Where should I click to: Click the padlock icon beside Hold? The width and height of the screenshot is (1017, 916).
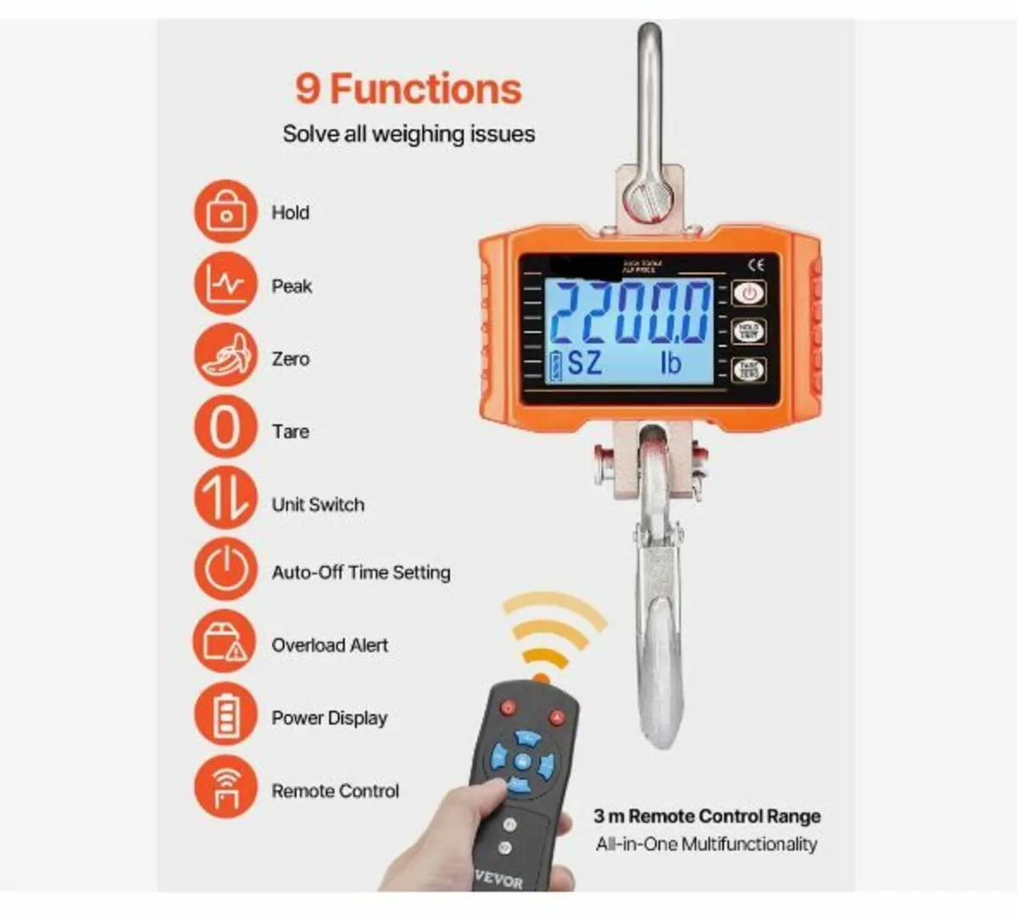coord(225,211)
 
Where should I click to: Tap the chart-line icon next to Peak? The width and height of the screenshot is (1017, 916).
coord(225,285)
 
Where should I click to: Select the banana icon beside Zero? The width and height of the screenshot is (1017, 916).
coord(225,357)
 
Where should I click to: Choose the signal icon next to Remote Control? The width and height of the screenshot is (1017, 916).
coord(225,787)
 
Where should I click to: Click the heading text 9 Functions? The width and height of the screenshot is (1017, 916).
coord(408,89)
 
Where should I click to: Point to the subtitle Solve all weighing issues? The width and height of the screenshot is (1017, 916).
coord(408,134)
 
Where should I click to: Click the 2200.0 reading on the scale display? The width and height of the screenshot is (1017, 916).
coord(631,313)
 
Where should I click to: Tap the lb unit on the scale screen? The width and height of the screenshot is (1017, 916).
coord(670,363)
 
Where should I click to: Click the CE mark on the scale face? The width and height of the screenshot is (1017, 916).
coord(756,265)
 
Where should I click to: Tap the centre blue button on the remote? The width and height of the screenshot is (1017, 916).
coord(523,760)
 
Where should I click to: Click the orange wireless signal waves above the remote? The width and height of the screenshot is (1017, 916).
coord(551,632)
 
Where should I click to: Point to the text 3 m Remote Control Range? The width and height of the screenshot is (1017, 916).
coord(707,816)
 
